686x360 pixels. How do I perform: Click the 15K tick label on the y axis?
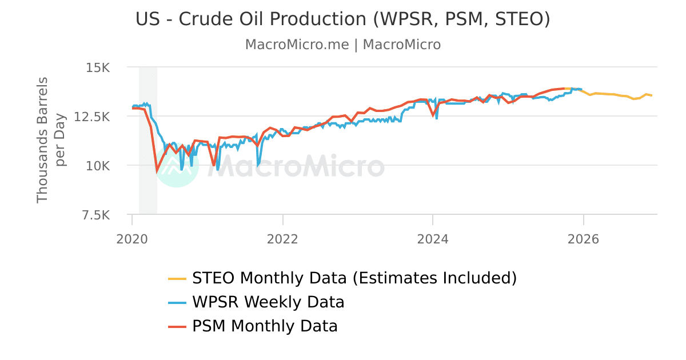point(97,67)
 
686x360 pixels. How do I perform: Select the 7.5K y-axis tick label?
point(94,215)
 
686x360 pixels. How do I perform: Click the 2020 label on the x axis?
point(132,238)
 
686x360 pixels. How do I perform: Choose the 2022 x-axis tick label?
point(282,238)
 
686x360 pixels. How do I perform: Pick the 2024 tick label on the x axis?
point(433,238)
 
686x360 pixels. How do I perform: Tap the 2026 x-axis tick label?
point(583,238)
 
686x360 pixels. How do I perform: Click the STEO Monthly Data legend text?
point(354,278)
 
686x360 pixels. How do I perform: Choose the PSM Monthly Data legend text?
point(265,326)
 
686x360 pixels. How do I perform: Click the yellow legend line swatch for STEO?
point(177,279)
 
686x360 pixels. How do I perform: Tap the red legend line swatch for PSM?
point(177,327)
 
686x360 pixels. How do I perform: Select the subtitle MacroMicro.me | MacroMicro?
point(342,45)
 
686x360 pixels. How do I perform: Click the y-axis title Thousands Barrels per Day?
point(51,140)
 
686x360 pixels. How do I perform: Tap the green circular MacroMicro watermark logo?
point(177,166)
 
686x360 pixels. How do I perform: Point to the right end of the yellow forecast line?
point(651,95)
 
